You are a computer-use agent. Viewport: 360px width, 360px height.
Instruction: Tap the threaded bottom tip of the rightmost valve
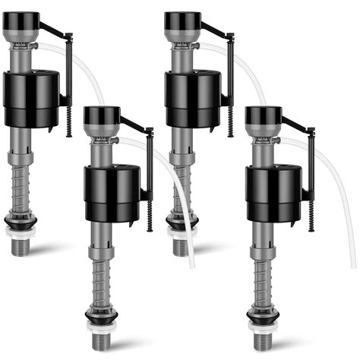(x=263, y=340)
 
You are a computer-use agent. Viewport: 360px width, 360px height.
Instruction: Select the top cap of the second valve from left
(x=101, y=115)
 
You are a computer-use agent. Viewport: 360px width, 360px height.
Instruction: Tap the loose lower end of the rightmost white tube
(x=352, y=264)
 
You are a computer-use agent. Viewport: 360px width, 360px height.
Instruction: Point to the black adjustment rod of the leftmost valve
(x=69, y=84)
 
